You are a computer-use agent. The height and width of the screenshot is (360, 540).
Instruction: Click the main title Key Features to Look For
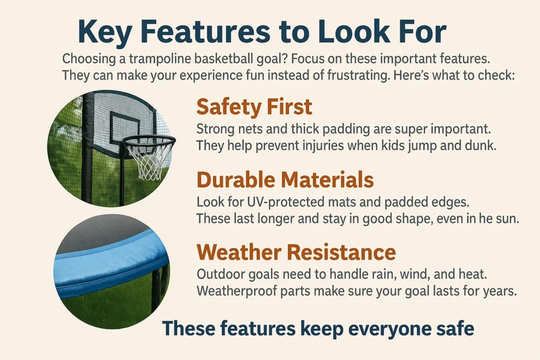point(262,33)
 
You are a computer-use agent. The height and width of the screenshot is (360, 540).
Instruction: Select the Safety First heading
point(254,107)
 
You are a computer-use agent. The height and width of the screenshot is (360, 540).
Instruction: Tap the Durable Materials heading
point(285,180)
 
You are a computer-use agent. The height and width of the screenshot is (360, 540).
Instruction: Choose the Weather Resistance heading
point(296,252)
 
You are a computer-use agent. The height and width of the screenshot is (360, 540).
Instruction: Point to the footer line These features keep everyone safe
point(318,328)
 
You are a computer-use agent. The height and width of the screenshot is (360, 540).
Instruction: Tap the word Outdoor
point(216,275)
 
